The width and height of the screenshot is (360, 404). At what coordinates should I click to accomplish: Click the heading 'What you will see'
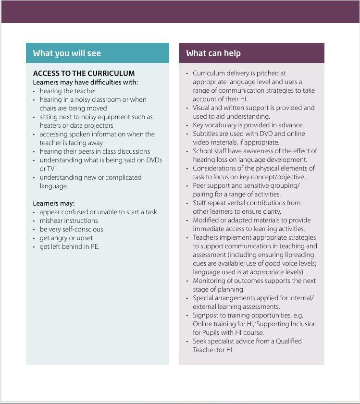67,53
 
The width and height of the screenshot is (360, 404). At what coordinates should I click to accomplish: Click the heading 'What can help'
213,53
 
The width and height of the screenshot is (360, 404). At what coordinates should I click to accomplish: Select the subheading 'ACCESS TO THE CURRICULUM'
84,73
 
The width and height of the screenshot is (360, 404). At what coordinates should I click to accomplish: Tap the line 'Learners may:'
54,203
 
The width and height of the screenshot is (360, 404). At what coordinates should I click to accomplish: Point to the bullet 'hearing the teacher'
68,91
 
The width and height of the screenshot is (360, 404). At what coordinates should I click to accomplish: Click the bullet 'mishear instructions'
69,220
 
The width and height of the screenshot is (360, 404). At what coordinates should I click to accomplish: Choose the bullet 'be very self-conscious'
71,229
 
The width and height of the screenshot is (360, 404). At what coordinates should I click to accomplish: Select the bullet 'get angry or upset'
66,238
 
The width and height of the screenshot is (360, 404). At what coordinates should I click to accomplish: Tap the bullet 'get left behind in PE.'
69,246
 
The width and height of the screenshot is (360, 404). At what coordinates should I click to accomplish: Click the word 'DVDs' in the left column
154,160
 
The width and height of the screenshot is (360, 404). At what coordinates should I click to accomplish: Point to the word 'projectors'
99,125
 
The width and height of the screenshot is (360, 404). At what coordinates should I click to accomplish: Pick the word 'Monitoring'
211,281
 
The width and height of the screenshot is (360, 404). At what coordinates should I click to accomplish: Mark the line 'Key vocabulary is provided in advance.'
248,125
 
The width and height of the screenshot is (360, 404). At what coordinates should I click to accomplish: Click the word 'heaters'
50,125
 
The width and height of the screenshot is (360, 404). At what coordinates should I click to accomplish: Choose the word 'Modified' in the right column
208,220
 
